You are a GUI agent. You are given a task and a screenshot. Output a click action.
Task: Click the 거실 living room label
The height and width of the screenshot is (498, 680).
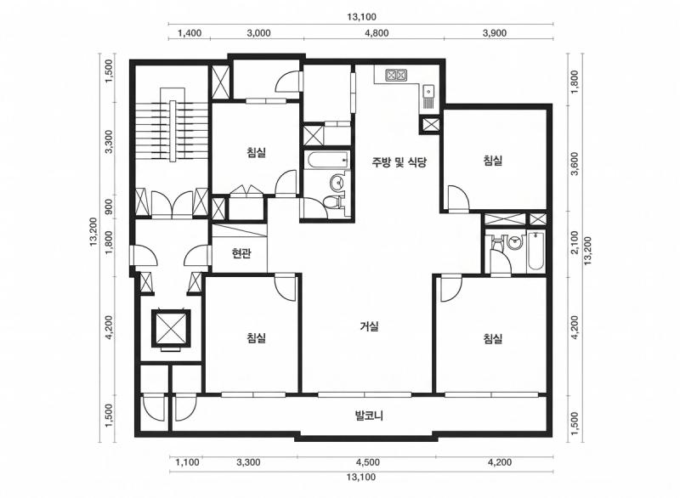pyautogui.click(x=369, y=326)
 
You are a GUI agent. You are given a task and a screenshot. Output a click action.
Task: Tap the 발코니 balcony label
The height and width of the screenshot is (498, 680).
pyautogui.click(x=369, y=416)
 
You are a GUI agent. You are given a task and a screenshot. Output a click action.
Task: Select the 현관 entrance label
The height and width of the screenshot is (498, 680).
pyautogui.click(x=241, y=253)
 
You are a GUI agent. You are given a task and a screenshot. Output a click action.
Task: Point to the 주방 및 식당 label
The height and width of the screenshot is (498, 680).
pyautogui.click(x=399, y=162)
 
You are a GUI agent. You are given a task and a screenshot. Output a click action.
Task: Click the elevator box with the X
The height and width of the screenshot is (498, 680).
pyautogui.click(x=171, y=329)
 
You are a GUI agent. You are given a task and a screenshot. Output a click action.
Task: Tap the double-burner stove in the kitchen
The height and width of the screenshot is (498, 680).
pyautogui.click(x=396, y=76)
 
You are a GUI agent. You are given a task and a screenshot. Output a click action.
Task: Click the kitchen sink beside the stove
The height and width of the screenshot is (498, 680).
pyautogui.click(x=428, y=92)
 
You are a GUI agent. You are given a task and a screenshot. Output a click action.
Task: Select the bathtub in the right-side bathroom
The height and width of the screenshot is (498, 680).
pyautogui.click(x=536, y=252)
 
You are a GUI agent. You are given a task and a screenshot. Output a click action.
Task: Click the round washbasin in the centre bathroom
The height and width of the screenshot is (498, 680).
pyautogui.click(x=337, y=183)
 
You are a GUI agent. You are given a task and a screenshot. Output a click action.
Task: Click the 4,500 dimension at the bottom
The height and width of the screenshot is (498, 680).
pyautogui.click(x=367, y=462)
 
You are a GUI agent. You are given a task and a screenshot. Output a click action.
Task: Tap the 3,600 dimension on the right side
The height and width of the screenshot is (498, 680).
pyautogui.click(x=575, y=164)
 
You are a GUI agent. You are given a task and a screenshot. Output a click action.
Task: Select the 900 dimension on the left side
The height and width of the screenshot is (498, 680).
pyautogui.click(x=109, y=207)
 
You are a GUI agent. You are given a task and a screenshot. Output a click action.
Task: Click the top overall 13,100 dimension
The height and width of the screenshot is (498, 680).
pyautogui.click(x=361, y=17)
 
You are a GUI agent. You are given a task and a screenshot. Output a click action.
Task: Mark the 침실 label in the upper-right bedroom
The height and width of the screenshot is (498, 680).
pyautogui.click(x=493, y=161)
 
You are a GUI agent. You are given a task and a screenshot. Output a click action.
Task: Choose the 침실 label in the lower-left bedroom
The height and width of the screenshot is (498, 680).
pyautogui.click(x=257, y=337)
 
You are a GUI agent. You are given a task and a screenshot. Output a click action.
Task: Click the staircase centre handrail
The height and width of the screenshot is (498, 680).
pyautogui.click(x=173, y=131)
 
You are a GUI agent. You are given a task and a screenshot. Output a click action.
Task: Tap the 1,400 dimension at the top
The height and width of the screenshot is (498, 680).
pyautogui.click(x=190, y=33)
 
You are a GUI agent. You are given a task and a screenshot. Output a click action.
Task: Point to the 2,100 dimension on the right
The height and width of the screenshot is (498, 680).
pyautogui.click(x=575, y=243)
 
